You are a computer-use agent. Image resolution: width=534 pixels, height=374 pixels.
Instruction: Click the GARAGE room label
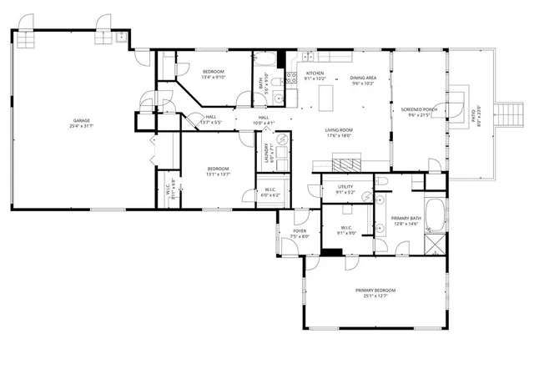click(80, 121)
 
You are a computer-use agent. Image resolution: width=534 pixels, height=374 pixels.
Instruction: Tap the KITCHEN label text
click(315, 73)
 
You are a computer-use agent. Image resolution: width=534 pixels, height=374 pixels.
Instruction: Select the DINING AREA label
click(362, 78)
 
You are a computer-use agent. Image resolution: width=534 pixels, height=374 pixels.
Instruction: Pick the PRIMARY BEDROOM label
click(375, 290)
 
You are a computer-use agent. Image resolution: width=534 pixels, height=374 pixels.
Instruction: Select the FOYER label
click(300, 232)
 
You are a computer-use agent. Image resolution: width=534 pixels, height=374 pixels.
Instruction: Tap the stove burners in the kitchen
click(292, 77)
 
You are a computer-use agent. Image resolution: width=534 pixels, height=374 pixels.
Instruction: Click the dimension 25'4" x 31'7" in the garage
click(80, 126)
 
